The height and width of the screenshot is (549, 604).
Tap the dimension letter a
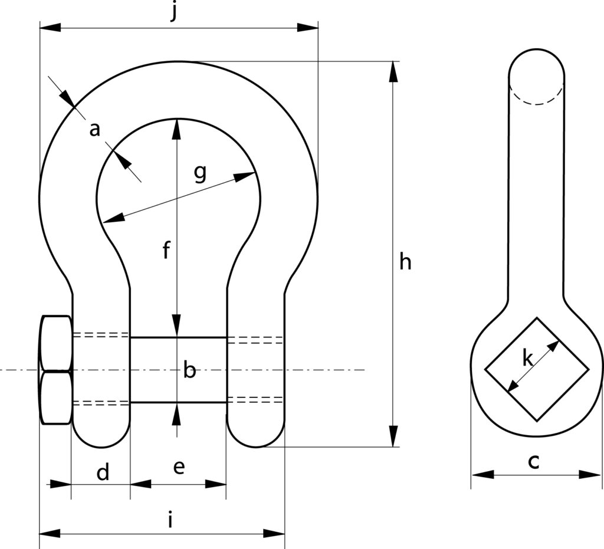[94, 129]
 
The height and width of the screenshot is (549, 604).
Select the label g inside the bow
[201, 173]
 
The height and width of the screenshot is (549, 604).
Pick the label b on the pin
[189, 370]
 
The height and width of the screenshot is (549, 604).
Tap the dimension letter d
[103, 472]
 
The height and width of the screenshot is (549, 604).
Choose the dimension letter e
[179, 467]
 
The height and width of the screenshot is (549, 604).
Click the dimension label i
[170, 520]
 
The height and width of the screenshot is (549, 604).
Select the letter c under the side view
[533, 462]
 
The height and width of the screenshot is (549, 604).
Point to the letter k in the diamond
[528, 357]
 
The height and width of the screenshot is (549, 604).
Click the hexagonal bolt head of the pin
[56, 370]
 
